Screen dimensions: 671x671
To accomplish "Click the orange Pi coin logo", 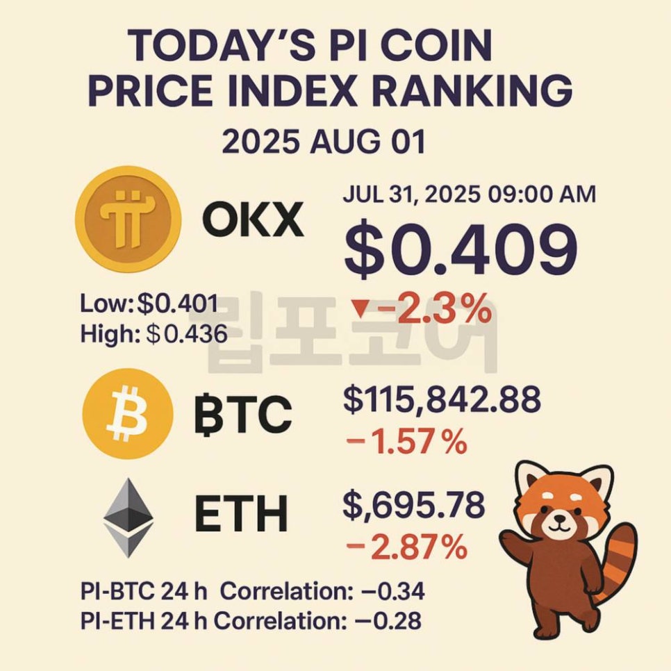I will [128, 218].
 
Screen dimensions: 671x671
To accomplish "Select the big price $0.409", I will [461, 251].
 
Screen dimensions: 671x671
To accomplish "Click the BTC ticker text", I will [242, 416].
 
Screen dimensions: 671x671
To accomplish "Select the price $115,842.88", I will [442, 400].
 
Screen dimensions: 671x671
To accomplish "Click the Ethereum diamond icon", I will [129, 517].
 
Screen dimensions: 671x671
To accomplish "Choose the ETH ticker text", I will [241, 515].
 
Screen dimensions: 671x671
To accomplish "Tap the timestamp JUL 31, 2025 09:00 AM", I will [469, 194].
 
